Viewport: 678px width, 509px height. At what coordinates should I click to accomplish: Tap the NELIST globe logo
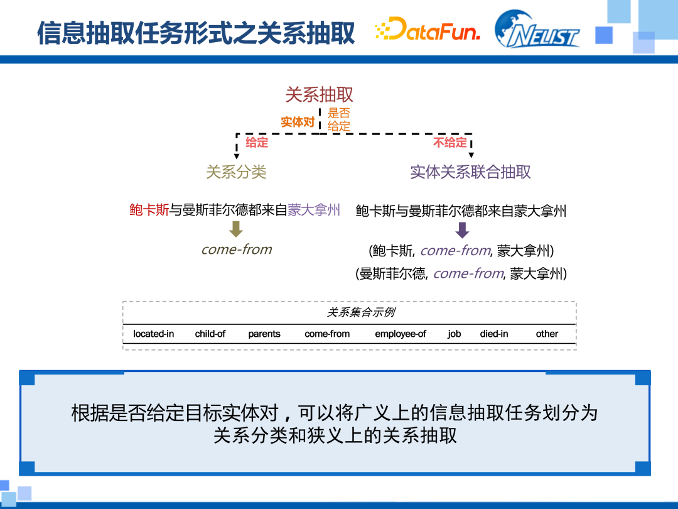(537, 30)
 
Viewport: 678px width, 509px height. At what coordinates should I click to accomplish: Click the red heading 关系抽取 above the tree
(320, 94)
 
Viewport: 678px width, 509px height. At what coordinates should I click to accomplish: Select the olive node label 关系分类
(236, 172)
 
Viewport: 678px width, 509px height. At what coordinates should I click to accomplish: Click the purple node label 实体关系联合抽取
(470, 172)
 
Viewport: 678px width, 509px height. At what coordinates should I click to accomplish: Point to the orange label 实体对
(297, 122)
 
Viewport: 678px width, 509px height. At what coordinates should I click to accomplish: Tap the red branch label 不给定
(450, 143)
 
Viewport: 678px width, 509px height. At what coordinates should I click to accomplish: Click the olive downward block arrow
(236, 229)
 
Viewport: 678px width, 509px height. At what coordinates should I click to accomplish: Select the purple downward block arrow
(462, 230)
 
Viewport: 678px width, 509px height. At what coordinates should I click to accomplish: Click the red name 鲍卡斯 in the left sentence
(149, 210)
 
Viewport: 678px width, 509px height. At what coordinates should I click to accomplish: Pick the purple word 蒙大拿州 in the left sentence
(314, 210)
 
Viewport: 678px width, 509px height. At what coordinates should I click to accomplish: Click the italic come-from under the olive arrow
(236, 249)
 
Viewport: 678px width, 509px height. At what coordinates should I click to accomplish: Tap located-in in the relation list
(153, 334)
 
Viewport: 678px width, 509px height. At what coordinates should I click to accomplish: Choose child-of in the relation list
(210, 334)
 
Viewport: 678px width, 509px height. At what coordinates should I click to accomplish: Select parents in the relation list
(264, 334)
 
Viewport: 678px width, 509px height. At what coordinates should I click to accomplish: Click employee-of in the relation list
(400, 334)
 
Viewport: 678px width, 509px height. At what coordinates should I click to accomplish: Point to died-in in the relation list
(494, 334)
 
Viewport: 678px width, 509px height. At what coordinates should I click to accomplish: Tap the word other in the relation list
(547, 334)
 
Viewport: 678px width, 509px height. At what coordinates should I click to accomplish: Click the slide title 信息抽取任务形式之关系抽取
(196, 33)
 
